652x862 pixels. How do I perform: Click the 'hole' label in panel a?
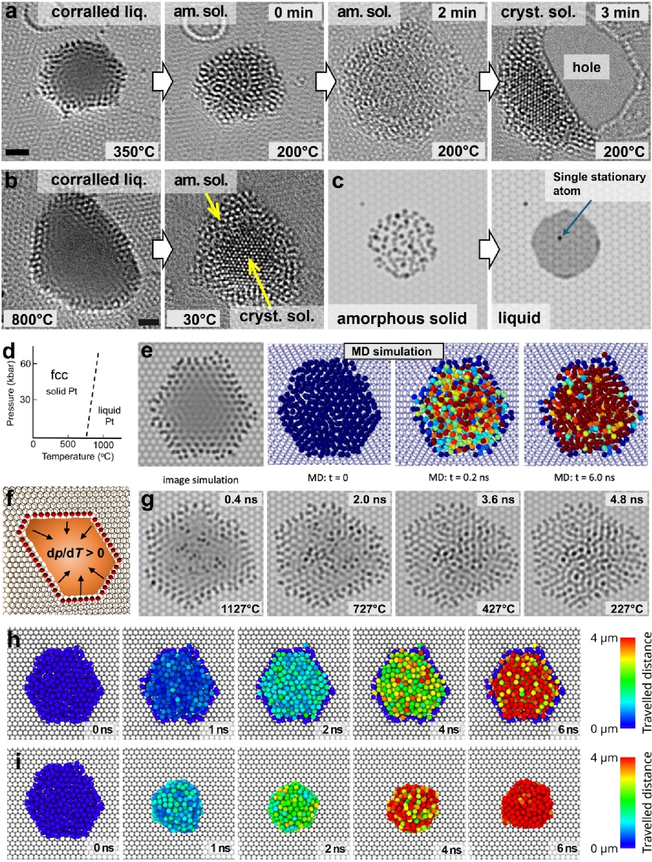pyautogui.click(x=586, y=67)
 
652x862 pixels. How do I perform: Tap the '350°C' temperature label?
pyautogui.click(x=133, y=151)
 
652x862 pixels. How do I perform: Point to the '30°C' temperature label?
pyautogui.click(x=199, y=319)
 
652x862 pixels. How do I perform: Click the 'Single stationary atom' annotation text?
pyautogui.click(x=599, y=184)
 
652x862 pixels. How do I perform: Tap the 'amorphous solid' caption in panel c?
pyautogui.click(x=402, y=318)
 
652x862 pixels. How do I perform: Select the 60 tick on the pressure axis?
pyautogui.click(x=26, y=364)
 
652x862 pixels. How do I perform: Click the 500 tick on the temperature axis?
pyautogui.click(x=68, y=444)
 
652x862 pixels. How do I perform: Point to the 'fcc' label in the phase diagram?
pyautogui.click(x=59, y=375)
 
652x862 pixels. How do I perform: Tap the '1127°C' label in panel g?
pyautogui.click(x=240, y=608)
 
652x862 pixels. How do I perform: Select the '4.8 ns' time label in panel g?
pyautogui.click(x=626, y=500)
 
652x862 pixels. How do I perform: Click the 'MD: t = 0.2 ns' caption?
pyautogui.click(x=458, y=477)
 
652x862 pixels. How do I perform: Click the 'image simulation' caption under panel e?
pyautogui.click(x=201, y=480)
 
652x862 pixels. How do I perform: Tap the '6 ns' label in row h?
pyautogui.click(x=568, y=729)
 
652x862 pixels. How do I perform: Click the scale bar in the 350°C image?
pyautogui.click(x=18, y=152)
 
